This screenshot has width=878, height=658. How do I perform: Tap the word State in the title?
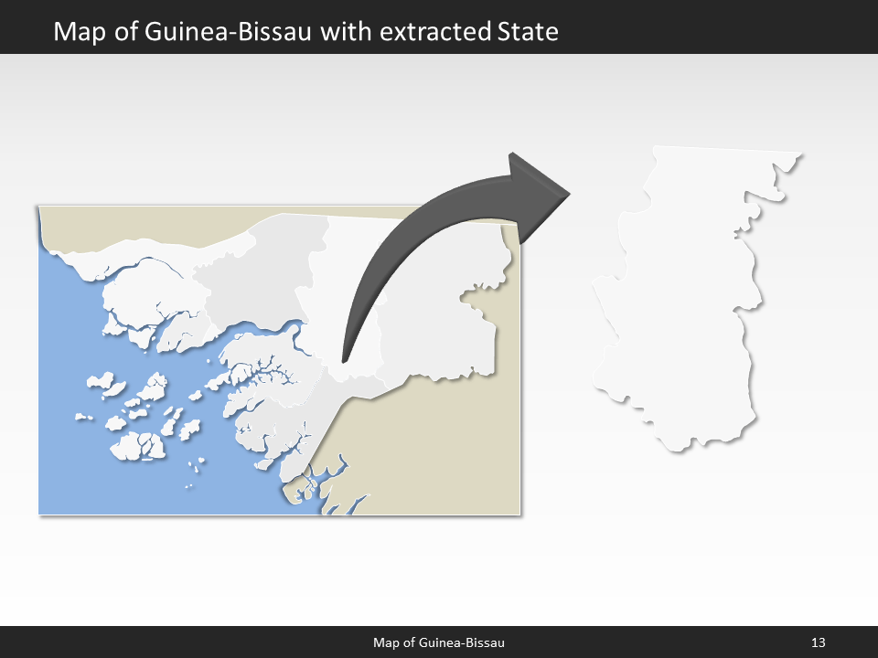[x=528, y=32]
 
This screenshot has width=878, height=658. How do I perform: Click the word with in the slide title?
[x=351, y=32]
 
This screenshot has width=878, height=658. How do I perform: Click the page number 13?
[x=819, y=642]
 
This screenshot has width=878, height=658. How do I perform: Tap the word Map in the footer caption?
[x=387, y=642]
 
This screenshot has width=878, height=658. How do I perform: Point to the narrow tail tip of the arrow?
[x=343, y=358]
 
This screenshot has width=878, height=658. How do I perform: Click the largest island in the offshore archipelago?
[x=137, y=446]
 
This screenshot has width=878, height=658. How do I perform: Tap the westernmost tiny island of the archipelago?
[x=82, y=417]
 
